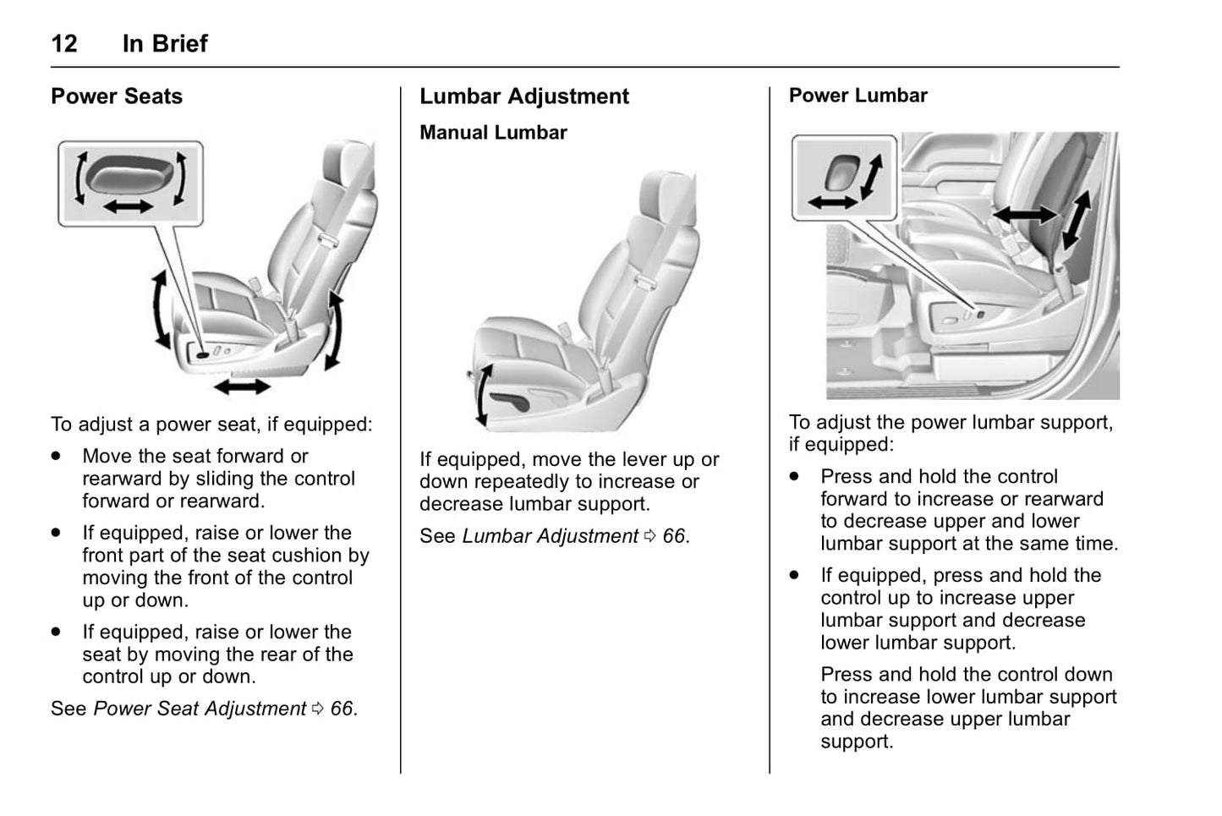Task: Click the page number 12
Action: tap(64, 43)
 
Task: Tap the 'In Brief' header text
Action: tap(165, 43)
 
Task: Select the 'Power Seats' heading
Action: tap(117, 96)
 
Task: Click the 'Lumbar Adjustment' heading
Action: tap(524, 96)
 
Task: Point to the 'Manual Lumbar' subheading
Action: tap(493, 133)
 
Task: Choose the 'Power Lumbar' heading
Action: tap(858, 96)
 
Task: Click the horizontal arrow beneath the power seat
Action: tap(242, 386)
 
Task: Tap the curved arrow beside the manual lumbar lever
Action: tap(481, 394)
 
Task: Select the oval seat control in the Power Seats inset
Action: tap(130, 175)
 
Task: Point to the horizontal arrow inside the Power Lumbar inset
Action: tap(832, 202)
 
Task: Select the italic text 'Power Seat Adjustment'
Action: tap(200, 709)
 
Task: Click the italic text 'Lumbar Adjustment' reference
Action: tap(550, 536)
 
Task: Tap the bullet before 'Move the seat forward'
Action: tap(57, 457)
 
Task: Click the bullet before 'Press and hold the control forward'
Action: tap(794, 477)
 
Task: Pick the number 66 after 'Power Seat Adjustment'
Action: tap(341, 709)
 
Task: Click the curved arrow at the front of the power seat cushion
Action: tap(159, 310)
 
